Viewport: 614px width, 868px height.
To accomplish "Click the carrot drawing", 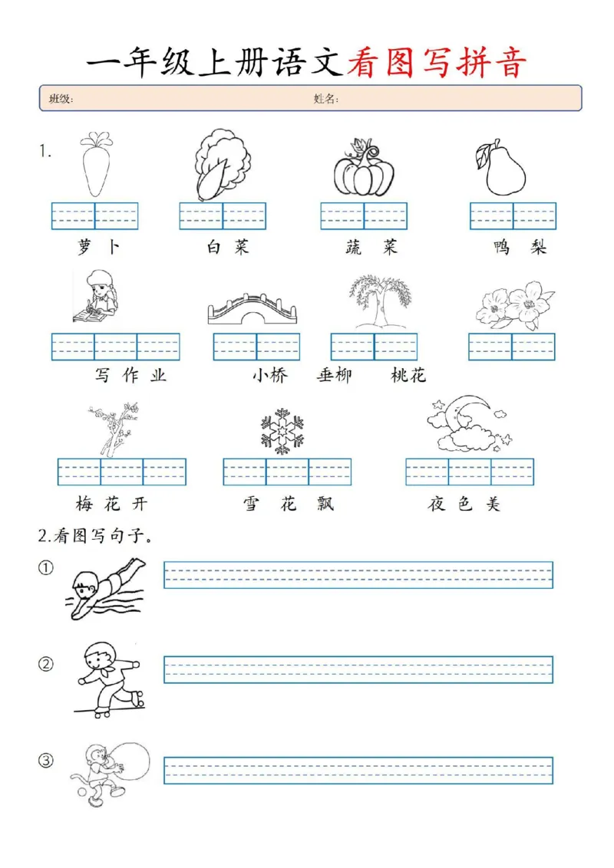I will coord(95,164).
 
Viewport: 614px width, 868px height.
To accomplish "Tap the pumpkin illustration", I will coord(363,170).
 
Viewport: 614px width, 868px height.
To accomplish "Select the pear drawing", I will coord(503,168).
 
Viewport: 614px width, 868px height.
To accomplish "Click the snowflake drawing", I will coord(282,430).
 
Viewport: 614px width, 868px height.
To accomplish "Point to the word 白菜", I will coord(227,248).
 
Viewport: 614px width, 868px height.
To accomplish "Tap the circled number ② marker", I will coord(47,665).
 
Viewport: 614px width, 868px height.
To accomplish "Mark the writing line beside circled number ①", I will coord(358,575).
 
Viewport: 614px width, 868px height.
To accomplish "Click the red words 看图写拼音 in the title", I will coord(437,63).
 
